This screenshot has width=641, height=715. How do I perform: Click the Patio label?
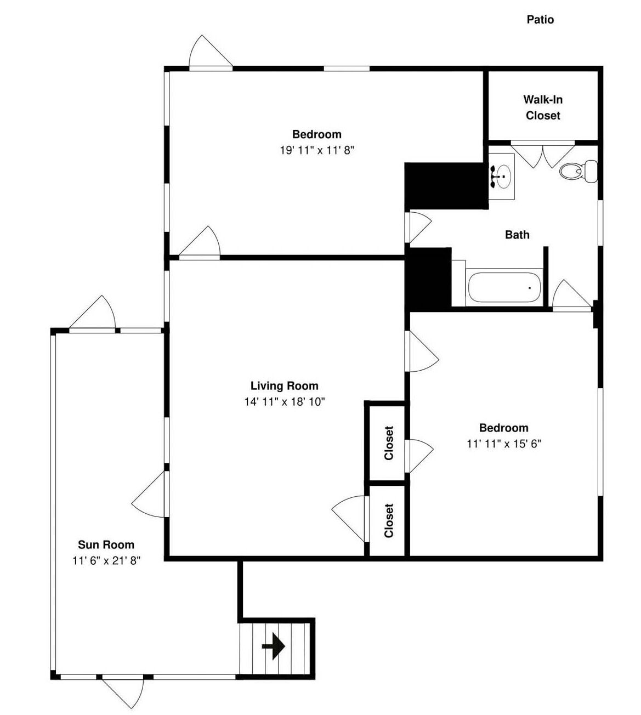coord(540,19)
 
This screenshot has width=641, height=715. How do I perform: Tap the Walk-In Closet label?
coord(543,107)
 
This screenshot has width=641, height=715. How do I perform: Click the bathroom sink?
coord(502,176)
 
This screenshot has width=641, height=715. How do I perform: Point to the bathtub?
coord(504,287)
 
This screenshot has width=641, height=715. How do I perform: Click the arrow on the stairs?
coord(273,646)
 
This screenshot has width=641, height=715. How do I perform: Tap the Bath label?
coord(517,235)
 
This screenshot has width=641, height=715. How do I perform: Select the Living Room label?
coord(285,385)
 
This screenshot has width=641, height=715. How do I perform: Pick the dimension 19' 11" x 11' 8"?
coord(316,150)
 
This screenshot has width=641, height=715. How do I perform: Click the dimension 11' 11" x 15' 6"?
coord(504,444)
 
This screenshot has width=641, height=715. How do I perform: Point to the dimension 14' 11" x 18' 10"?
coord(285,401)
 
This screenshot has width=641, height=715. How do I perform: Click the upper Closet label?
coord(389,444)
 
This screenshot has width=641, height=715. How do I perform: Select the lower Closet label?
coord(389,521)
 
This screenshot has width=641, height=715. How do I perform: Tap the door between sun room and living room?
coord(150,495)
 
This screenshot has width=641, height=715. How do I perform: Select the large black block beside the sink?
coord(446,186)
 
